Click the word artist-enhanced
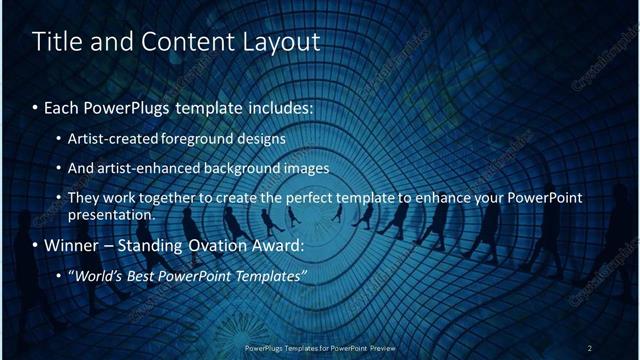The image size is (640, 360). click(141, 167)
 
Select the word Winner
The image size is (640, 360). click(71, 243)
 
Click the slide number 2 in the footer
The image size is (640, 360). click(590, 348)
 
